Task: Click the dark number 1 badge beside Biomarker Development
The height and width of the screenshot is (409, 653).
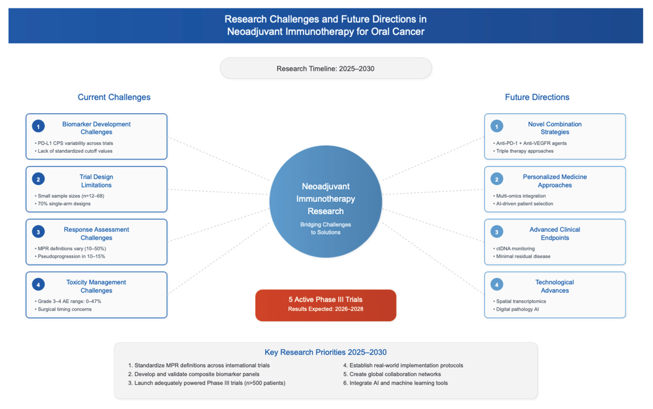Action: click(x=38, y=126)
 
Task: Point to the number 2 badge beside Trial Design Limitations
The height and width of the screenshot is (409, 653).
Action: click(x=38, y=179)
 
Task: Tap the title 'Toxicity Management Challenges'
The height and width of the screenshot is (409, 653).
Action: click(x=96, y=286)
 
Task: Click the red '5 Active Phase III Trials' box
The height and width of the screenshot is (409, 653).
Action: click(x=326, y=305)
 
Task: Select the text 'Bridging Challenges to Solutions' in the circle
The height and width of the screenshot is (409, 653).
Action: click(x=326, y=228)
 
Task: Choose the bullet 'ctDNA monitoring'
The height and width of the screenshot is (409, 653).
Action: click(x=515, y=248)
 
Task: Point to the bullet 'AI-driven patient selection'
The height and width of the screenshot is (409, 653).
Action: click(x=524, y=204)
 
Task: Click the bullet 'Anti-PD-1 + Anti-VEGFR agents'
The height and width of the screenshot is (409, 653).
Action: click(x=531, y=143)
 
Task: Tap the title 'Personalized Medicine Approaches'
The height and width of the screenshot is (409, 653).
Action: click(x=555, y=181)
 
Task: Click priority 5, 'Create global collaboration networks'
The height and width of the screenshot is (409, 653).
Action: click(x=395, y=374)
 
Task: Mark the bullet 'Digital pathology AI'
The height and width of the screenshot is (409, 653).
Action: click(x=517, y=309)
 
